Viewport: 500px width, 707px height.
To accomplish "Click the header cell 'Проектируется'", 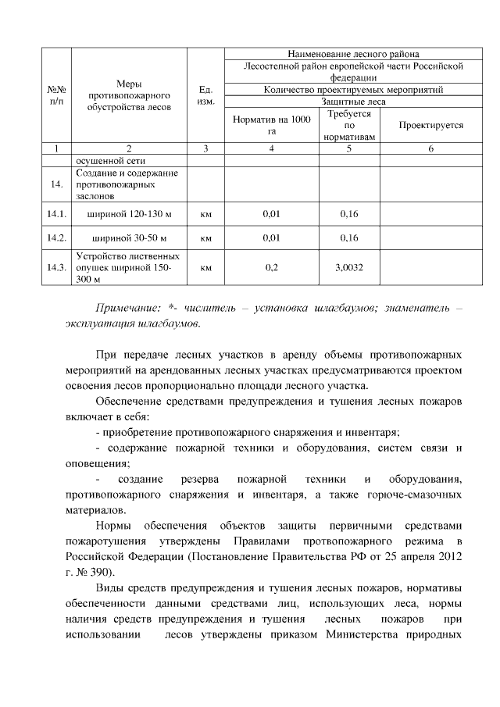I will pyautogui.click(x=430, y=125).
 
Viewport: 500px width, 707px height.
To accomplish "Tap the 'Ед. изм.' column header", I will pyautogui.click(x=206, y=95).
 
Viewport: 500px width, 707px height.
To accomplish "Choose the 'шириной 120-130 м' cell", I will pyautogui.click(x=129, y=212).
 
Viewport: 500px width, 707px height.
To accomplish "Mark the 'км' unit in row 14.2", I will pyautogui.click(x=206, y=237).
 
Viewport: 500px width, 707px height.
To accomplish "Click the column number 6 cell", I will pyautogui.click(x=430, y=148).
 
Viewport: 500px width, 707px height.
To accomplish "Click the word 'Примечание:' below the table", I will pyautogui.click(x=123, y=309).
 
